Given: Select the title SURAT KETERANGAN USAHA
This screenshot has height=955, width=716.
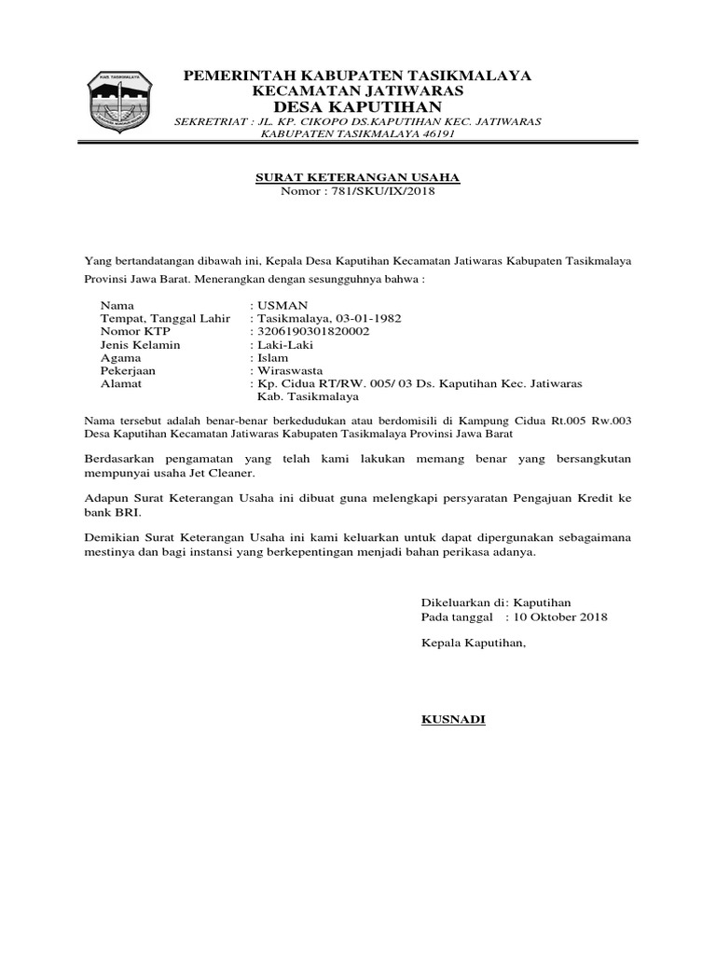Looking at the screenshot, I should click(x=358, y=177).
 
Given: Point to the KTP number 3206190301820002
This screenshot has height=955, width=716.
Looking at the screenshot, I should click(x=312, y=331).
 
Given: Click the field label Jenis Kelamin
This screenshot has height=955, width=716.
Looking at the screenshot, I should click(x=140, y=344).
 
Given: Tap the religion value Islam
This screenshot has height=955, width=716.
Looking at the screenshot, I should click(x=272, y=357).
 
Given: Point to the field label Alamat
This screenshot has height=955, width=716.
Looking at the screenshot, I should click(x=119, y=383).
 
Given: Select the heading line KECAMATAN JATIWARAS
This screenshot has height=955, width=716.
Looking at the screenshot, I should click(x=358, y=91).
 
